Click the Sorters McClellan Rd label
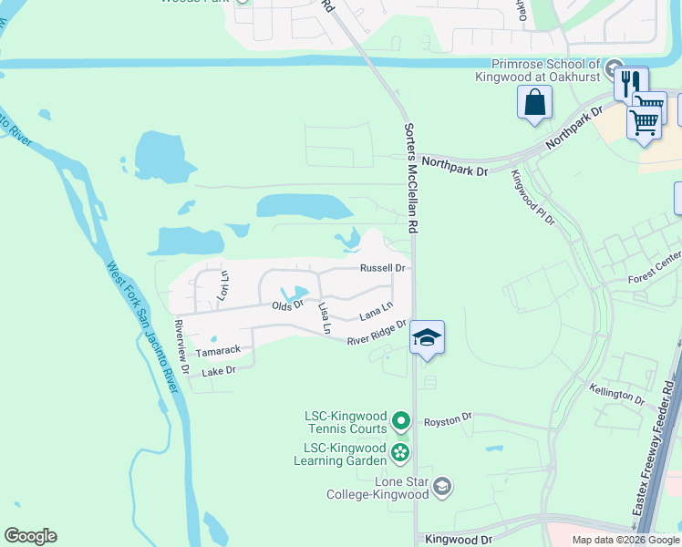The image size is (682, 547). [411, 177]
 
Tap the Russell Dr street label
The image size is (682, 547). [383, 268]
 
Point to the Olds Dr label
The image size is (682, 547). [286, 306]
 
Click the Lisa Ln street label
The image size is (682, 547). [323, 316]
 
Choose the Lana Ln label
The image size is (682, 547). [376, 312]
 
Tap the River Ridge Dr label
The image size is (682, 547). [376, 337]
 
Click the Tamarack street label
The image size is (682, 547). [218, 350]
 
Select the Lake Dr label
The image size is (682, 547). [219, 371]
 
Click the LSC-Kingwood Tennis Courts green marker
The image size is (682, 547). [401, 421]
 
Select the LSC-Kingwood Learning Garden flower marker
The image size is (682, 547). [399, 452]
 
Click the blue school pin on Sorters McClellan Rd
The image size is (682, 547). [427, 338]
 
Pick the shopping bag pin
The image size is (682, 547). [534, 102]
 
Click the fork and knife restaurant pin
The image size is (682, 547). [630, 84]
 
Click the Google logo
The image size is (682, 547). [30, 536]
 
